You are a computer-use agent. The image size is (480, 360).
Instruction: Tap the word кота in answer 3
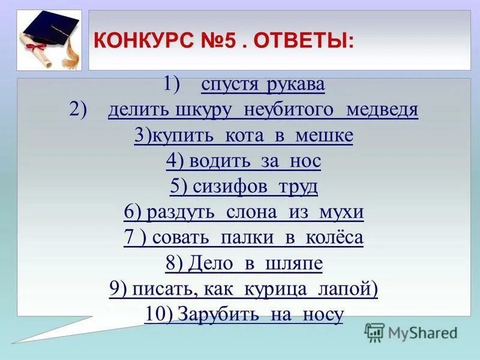tap(248, 136)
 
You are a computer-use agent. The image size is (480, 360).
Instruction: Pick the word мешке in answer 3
tap(323, 136)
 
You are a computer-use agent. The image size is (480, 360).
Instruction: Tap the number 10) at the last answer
tap(158, 314)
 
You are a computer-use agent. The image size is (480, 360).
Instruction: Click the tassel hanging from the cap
tap(71, 51)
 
